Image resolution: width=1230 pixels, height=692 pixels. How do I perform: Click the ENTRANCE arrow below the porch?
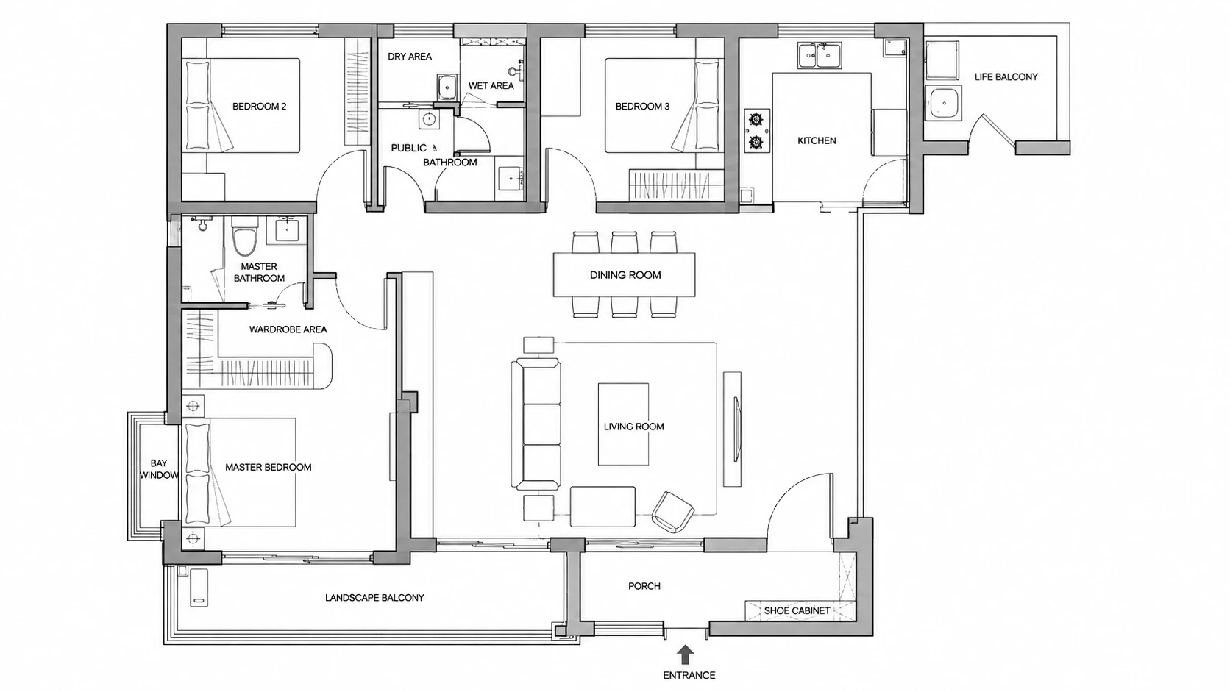(x=685, y=654)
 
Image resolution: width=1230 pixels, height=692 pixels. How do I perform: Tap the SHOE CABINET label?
(x=797, y=610)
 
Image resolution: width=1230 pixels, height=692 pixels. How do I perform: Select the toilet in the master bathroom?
(x=241, y=237)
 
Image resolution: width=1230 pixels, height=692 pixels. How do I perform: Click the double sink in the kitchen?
(x=820, y=56)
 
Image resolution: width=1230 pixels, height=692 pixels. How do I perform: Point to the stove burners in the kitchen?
(x=757, y=131)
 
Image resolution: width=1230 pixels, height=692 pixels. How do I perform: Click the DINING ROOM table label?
(x=625, y=275)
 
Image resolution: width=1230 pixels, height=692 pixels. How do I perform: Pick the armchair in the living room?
(x=672, y=511)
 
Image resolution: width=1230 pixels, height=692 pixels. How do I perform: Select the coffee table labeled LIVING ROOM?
(x=623, y=425)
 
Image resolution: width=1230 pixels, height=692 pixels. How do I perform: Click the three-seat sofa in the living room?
(x=536, y=423)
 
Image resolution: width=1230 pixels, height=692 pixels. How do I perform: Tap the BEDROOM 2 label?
(x=259, y=107)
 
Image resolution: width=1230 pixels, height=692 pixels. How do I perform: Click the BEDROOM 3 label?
(x=642, y=107)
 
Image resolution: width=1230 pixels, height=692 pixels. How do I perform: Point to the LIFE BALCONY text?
(x=1006, y=76)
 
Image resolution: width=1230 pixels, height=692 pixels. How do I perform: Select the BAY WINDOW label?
(x=159, y=469)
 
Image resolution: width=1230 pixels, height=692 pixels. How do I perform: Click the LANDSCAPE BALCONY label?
(x=374, y=598)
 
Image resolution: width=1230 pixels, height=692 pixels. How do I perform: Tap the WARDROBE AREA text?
(x=288, y=329)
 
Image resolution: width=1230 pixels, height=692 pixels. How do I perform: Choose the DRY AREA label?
(x=410, y=57)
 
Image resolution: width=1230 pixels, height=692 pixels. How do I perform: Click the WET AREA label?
(x=491, y=85)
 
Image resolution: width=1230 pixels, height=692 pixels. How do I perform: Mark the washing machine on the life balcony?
(x=943, y=103)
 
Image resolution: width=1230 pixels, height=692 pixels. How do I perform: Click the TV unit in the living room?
(x=732, y=429)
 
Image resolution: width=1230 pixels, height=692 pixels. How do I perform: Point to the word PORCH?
(x=644, y=586)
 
